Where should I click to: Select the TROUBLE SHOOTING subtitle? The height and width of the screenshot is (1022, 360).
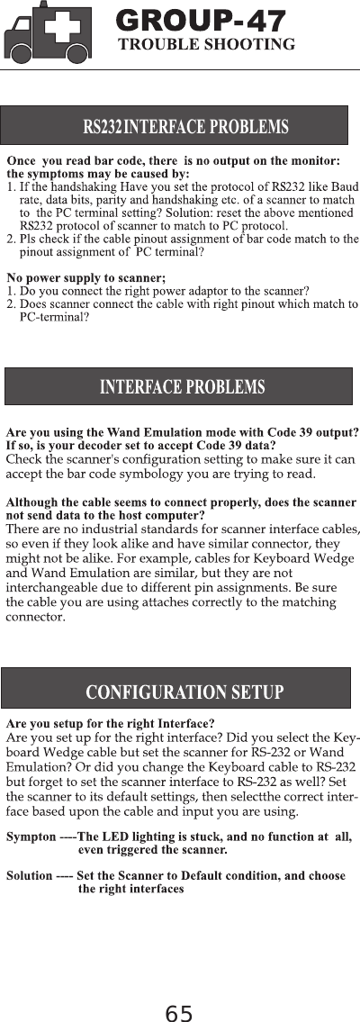pos(207,44)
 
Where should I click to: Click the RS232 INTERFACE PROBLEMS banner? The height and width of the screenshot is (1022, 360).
pos(175,125)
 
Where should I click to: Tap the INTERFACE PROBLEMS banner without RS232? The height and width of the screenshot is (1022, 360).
pos(178,387)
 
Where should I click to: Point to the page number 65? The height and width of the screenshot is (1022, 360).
pos(179,1014)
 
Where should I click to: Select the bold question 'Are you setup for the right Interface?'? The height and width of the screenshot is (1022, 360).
pos(110,723)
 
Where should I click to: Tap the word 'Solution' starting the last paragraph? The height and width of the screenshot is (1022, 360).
pos(30,875)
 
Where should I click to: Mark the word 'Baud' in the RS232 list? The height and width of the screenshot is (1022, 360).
pos(346,186)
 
